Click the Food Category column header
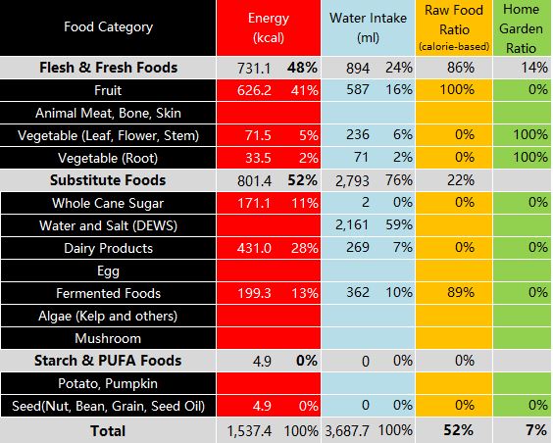[x=108, y=26]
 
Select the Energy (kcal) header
[x=269, y=27]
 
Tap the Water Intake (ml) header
[x=368, y=27]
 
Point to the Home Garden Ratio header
[x=521, y=28]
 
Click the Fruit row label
[x=108, y=90]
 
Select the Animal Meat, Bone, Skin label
[x=108, y=113]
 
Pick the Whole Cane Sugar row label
[x=108, y=203]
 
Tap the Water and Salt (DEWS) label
[x=108, y=225]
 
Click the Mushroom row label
[x=108, y=338]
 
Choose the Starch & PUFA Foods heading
[x=108, y=361]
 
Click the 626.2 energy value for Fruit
[x=254, y=90]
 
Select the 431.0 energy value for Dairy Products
[x=254, y=248]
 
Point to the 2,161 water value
[x=352, y=225]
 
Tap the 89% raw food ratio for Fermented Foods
[x=461, y=292]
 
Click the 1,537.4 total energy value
[x=249, y=430]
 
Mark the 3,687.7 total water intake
[x=347, y=430]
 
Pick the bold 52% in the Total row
[x=458, y=430]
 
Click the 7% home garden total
[x=536, y=430]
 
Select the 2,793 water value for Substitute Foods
[x=352, y=180]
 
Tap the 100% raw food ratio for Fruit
[x=457, y=90]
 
